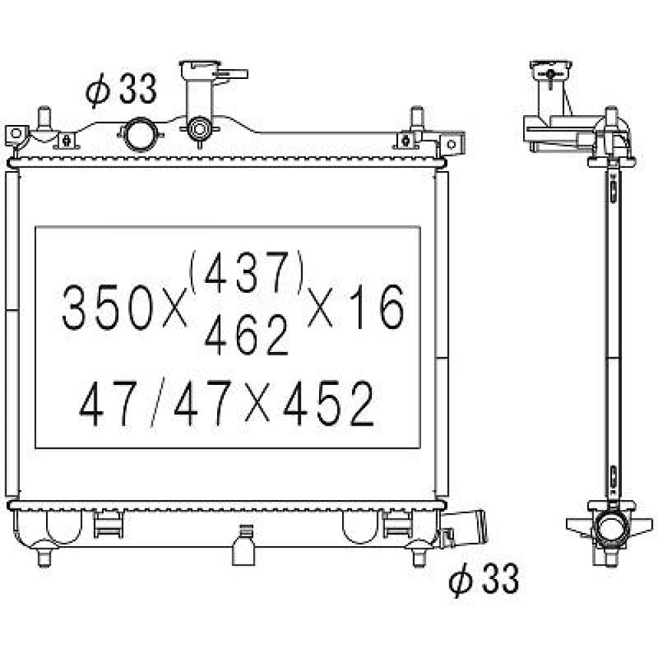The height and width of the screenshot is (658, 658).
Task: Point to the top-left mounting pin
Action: point(45,118)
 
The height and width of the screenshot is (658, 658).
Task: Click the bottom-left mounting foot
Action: point(44,557)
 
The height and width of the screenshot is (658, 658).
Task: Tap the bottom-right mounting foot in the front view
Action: point(417,557)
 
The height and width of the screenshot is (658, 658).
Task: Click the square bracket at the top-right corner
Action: point(451,145)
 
